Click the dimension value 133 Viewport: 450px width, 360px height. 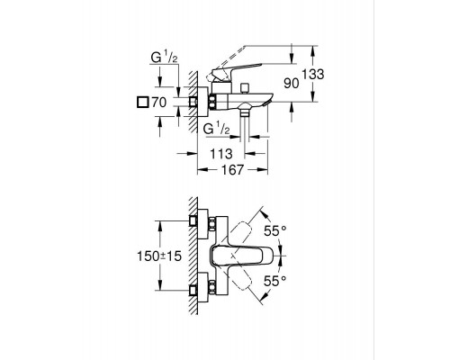click(x=313, y=74)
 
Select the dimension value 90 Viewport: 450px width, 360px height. click(x=292, y=84)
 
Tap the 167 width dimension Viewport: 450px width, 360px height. click(x=232, y=170)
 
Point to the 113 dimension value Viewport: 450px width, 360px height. click(x=221, y=154)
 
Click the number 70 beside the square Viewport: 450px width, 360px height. click(x=159, y=103)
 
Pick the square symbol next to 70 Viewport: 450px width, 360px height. click(x=142, y=102)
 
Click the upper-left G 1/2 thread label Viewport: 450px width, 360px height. click(x=164, y=57)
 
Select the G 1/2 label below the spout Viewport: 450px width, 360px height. click(x=217, y=129)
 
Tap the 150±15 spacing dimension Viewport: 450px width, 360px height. click(x=159, y=256)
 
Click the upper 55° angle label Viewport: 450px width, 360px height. click(x=275, y=230)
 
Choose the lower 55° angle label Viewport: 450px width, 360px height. click(x=275, y=281)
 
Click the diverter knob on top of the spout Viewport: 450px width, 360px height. click(x=244, y=89)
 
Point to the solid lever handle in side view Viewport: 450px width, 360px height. click(x=237, y=70)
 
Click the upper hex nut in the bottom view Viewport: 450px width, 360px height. click(x=212, y=224)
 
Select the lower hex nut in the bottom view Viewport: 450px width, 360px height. click(x=212, y=287)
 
